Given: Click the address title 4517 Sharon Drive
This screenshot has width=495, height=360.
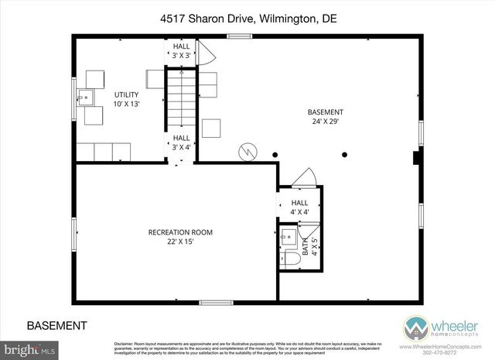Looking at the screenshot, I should pos(247,18).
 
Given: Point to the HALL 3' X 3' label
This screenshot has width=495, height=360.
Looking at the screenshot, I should pos(181,51).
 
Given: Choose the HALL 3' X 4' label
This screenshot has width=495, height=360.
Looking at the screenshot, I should pos(181,142).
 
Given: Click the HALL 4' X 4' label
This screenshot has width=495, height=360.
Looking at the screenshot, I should pos(299,207).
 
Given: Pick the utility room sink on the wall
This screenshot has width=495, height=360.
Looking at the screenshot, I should pos(87,98).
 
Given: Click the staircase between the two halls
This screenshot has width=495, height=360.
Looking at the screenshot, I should pos(179,101).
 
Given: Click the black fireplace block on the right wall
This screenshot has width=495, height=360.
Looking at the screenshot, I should pos(417,159).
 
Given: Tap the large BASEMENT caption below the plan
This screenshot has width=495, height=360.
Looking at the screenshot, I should pos(56,325).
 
